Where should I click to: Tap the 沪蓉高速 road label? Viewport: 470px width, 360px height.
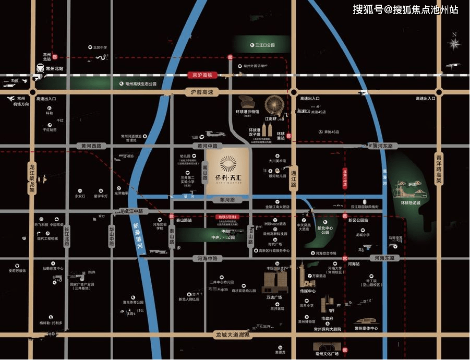(x=200, y=92)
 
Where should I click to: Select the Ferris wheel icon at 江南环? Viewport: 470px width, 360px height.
(x=274, y=106)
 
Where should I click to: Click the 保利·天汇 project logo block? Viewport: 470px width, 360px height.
(x=227, y=168)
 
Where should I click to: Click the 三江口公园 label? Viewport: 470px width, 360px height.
(x=264, y=45)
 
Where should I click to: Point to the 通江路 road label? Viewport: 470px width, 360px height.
(x=293, y=178)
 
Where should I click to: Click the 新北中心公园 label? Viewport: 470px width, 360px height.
(x=325, y=230)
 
